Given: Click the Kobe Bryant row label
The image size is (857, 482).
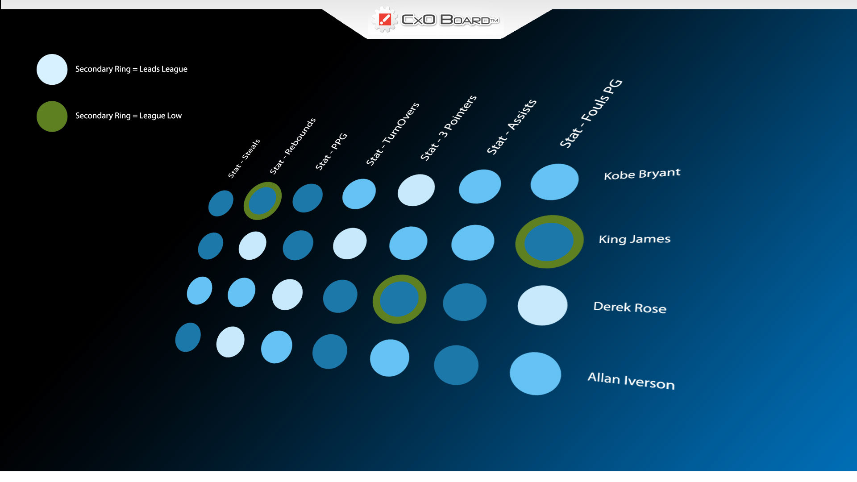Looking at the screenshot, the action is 642,174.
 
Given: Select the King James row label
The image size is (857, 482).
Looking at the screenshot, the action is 634,239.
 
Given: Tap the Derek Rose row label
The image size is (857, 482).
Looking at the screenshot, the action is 630,307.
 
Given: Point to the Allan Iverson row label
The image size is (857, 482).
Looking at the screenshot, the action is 631,381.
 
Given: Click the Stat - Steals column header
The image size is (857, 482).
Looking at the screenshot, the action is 244,158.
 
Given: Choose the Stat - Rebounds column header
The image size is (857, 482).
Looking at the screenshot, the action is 292,146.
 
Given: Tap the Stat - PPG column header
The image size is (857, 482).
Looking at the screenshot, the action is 331,151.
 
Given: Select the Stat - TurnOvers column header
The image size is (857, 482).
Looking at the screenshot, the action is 392,134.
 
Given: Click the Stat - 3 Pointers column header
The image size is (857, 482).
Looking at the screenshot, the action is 448,128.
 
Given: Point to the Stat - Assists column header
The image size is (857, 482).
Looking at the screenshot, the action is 511,127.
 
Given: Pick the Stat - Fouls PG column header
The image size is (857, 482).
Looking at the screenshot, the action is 591,113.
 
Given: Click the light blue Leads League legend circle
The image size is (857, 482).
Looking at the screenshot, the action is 52,69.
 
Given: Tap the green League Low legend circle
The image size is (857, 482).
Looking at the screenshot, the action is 52,116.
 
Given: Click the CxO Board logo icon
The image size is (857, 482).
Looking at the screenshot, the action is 384,20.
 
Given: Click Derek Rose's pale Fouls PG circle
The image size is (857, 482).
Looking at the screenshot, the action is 542,305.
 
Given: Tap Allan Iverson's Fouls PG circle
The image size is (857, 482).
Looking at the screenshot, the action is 535,374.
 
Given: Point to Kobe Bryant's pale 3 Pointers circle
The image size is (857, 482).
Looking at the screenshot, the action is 416,190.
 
